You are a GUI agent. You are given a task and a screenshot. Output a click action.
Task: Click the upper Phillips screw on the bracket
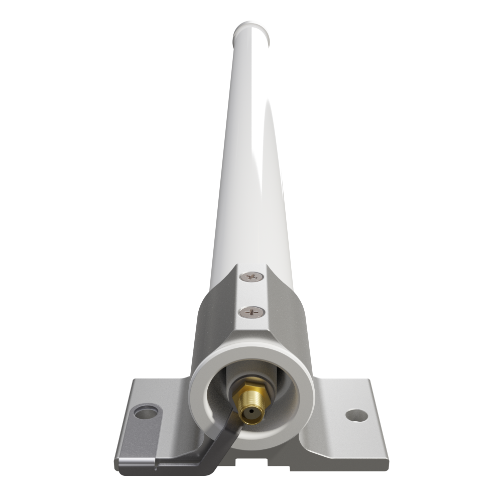[253, 277]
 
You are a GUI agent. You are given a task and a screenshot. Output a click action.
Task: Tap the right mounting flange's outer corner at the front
[387, 459]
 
